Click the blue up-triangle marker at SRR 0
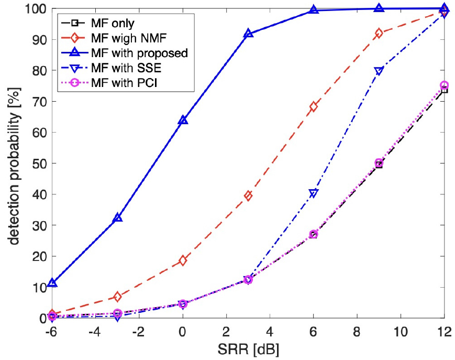(x=183, y=121)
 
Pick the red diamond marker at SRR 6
(x=314, y=107)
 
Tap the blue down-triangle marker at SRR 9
(x=379, y=71)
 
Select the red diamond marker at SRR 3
(x=248, y=195)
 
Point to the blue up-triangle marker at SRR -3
(x=117, y=217)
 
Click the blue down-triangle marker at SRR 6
(x=314, y=194)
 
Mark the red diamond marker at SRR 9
(x=379, y=34)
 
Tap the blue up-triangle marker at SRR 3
(x=248, y=34)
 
